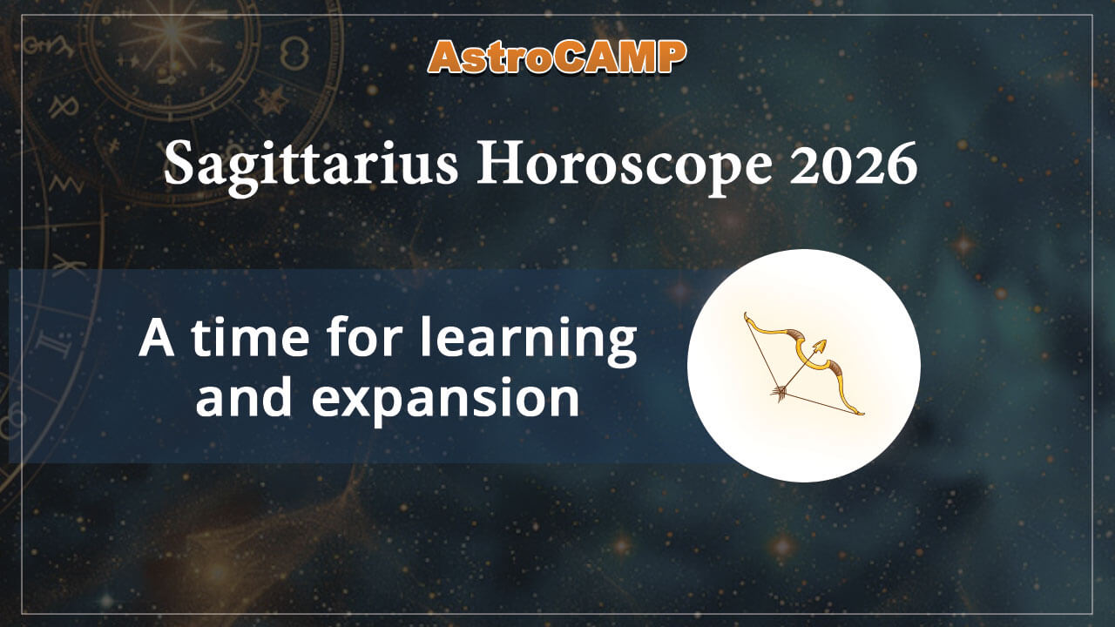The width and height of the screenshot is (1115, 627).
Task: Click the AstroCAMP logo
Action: (x=557, y=57)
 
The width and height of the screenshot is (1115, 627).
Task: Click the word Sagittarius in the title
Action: (x=310, y=165)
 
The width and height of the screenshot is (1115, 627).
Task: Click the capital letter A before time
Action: (x=157, y=340)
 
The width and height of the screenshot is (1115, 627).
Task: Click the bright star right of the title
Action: (x=963, y=245)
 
